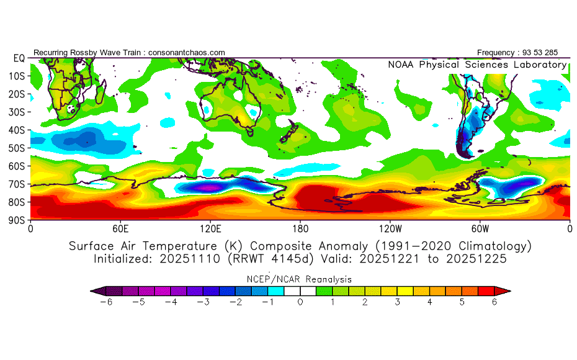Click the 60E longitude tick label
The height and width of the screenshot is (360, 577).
(120, 228)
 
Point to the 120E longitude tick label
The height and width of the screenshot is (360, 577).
(210, 228)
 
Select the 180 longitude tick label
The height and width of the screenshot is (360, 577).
(300, 228)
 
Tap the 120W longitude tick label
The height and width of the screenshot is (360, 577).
(390, 228)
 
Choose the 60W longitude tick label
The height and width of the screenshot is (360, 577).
(480, 228)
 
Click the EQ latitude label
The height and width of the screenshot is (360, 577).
(18, 58)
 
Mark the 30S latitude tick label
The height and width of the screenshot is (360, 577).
(16, 112)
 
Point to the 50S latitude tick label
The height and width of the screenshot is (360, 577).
(16, 148)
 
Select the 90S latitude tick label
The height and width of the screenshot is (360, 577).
(16, 220)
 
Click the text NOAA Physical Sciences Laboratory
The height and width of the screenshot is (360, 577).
(477, 65)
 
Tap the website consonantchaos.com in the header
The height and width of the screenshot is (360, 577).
(187, 53)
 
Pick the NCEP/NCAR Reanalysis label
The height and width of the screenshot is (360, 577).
(300, 279)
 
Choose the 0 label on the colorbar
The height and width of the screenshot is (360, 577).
(300, 302)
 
